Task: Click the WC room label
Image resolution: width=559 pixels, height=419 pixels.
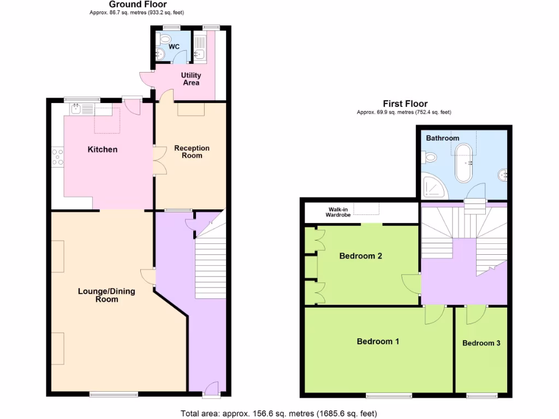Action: [x=174, y=46]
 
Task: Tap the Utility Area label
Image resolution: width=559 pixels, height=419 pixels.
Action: [x=191, y=79]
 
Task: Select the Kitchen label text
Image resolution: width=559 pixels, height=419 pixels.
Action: [x=103, y=149]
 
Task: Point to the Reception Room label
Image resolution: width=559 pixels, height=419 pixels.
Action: [x=192, y=152]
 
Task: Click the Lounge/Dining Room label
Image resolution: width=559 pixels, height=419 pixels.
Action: [x=106, y=295]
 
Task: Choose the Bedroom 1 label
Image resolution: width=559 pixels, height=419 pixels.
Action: [x=378, y=342]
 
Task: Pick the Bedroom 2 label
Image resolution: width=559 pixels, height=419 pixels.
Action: [x=360, y=256]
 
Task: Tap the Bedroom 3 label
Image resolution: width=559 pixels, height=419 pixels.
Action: [x=481, y=343]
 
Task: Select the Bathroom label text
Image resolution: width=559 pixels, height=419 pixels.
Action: [x=443, y=138]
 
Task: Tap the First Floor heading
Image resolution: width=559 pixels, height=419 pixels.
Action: [x=405, y=104]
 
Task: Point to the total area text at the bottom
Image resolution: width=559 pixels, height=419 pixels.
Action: [x=278, y=413]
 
